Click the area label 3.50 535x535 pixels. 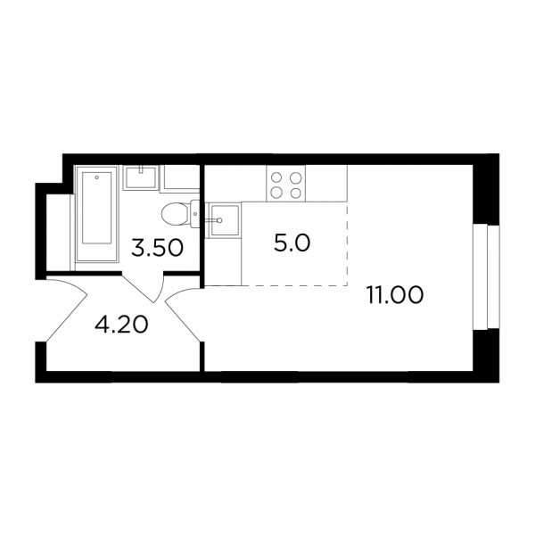[x=157, y=248]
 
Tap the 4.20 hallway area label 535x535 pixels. [x=121, y=325]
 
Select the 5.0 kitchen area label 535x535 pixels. [x=292, y=243]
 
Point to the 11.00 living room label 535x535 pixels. [x=395, y=295]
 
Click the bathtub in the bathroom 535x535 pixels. [x=97, y=214]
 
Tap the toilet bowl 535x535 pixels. [x=175, y=215]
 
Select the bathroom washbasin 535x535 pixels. [x=141, y=177]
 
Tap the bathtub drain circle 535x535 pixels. [x=97, y=177]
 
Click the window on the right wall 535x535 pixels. [x=486, y=277]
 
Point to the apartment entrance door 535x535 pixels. [x=66, y=309]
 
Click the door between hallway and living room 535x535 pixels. [x=184, y=313]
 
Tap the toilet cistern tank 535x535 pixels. [x=195, y=214]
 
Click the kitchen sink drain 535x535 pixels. [x=219, y=220]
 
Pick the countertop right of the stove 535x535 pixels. [x=326, y=183]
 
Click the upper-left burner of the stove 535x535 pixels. [x=276, y=177]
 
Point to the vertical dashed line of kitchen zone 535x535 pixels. [x=347, y=245]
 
